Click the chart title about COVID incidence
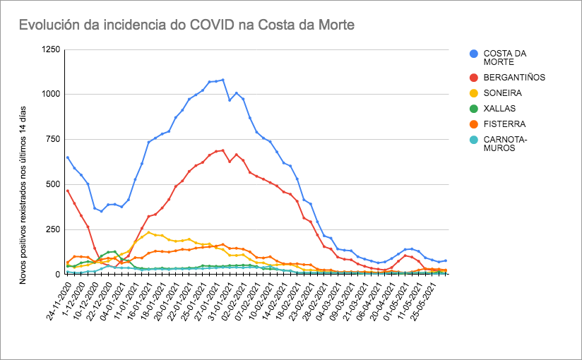point(186,25)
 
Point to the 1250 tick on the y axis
point(50,49)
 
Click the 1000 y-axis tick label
point(50,95)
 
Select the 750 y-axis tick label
point(52,140)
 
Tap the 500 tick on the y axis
point(52,184)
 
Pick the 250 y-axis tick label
point(52,229)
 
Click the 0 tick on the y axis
point(57,274)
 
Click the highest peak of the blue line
point(223,80)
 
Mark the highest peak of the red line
point(223,150)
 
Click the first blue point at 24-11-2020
point(67,157)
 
